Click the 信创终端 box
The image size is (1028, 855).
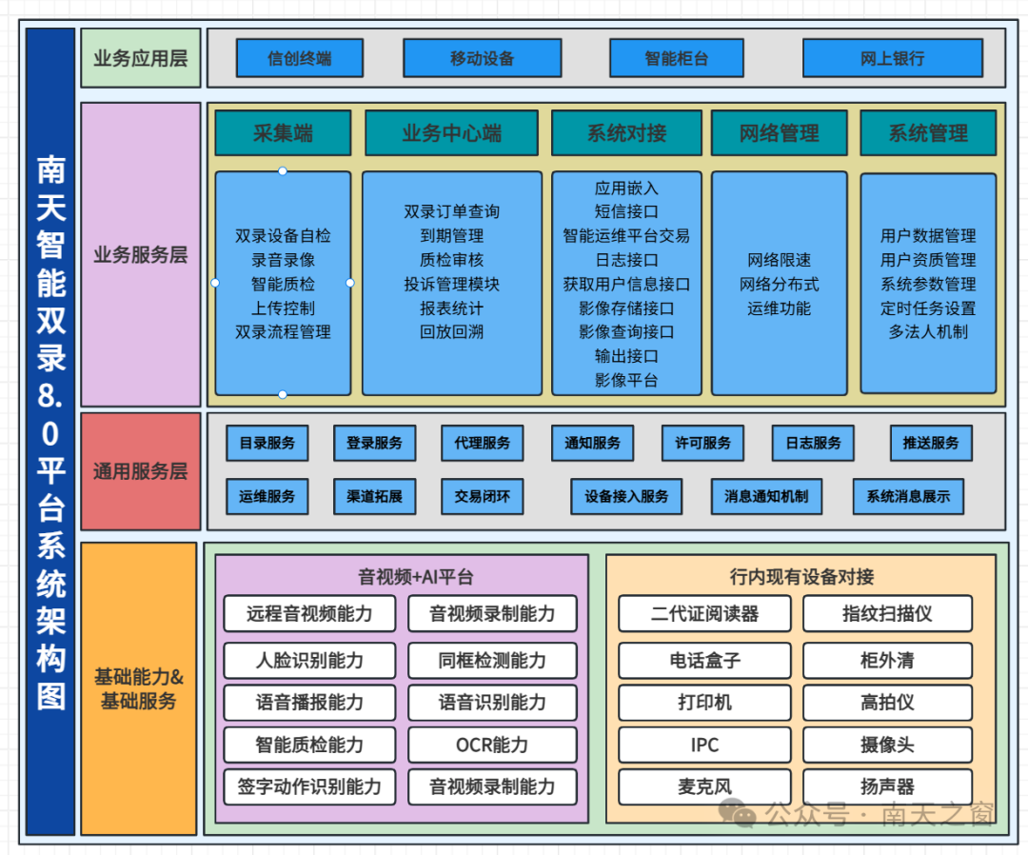pos(300,58)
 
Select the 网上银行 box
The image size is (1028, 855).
pos(892,58)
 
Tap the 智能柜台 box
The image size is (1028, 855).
pos(677,58)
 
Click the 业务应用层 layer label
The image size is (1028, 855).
pos(140,58)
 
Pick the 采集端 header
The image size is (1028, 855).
pos(283,133)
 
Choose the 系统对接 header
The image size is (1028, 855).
pos(626,133)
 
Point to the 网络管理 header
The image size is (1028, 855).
pos(779,133)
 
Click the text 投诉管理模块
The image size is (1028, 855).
pos(452,284)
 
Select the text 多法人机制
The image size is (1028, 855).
pos(928,331)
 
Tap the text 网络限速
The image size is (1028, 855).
pos(779,260)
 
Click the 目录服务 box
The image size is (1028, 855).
pos(267,444)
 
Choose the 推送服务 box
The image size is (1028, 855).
pos(930,444)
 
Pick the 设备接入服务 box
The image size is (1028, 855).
pos(626,496)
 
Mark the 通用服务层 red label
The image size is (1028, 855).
pos(140,470)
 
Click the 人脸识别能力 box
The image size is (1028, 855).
pos(309,660)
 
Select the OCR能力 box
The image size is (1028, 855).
pos(492,745)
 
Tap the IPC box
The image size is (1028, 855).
pos(704,745)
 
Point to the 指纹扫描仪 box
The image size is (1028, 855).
pos(887,614)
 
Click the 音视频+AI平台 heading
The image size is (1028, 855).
pos(416,577)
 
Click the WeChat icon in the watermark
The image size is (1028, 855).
pos(738,812)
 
